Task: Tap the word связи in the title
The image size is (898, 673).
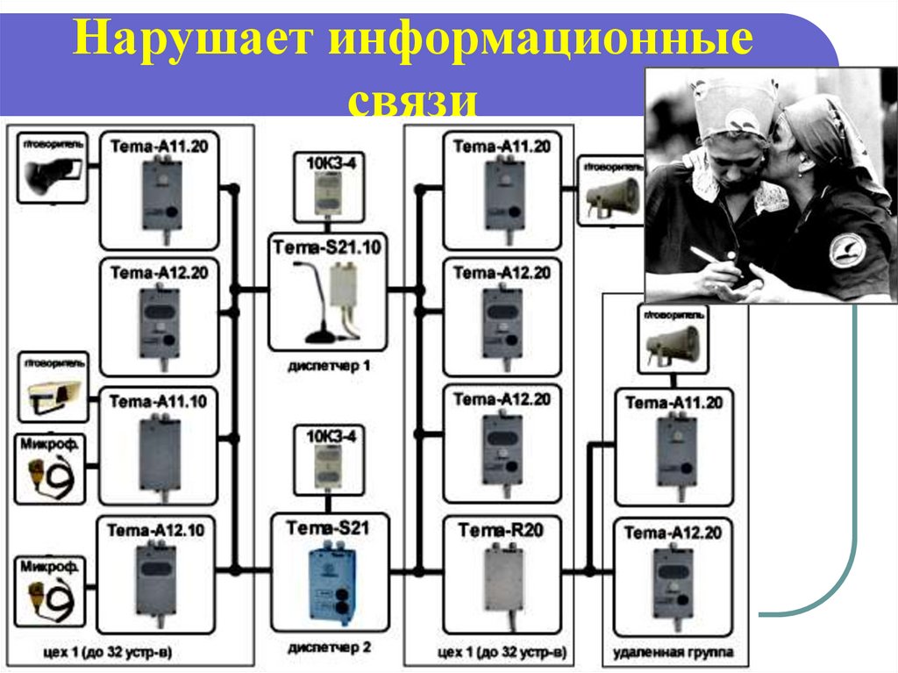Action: (x=413, y=97)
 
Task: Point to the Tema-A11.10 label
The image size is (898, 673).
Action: (x=158, y=402)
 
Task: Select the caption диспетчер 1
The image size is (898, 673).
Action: (x=328, y=365)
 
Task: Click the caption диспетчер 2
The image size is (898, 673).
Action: (x=328, y=650)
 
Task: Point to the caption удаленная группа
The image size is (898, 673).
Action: (x=673, y=653)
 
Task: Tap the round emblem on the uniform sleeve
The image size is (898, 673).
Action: (x=846, y=249)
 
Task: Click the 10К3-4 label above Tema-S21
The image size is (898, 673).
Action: (x=328, y=436)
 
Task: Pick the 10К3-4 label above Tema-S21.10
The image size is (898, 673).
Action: (x=328, y=162)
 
